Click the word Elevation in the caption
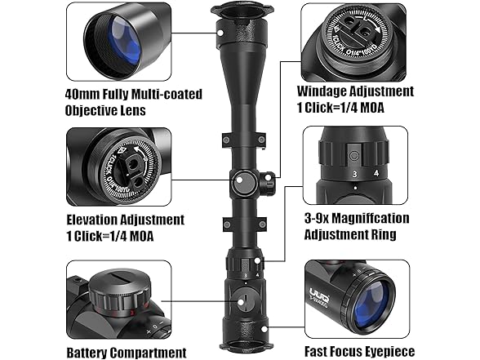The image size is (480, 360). click(x=95, y=220)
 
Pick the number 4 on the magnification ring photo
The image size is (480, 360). click(x=376, y=173)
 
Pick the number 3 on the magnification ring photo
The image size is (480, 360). click(x=354, y=173)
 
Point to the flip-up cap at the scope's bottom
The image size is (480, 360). click(x=242, y=347)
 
